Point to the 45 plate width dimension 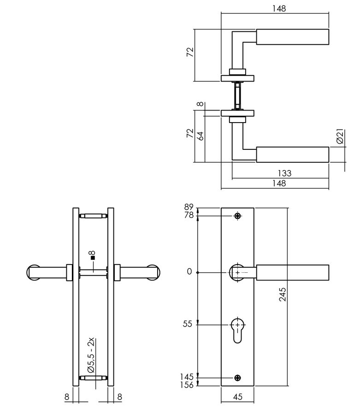point(238,396)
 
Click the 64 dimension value point(201,136)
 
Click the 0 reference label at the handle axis point(189,272)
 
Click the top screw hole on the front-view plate point(238,216)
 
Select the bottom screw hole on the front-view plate point(238,378)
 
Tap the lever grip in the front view point(292,272)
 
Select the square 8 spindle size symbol point(92,256)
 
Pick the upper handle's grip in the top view point(292,37)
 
